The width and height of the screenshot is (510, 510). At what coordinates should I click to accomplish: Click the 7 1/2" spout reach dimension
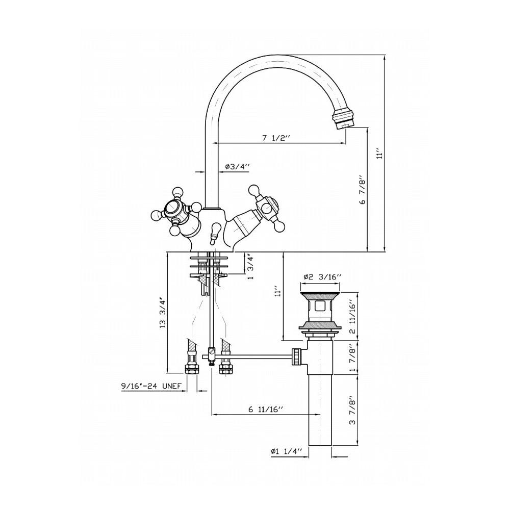click(275, 138)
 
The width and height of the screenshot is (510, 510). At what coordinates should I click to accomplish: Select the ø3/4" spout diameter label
click(237, 167)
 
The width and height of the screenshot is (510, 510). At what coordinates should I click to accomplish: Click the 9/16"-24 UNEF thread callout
click(151, 386)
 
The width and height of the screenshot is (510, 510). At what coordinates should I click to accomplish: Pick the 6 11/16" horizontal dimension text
click(266, 409)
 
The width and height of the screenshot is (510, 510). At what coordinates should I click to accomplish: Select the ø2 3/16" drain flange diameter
click(322, 277)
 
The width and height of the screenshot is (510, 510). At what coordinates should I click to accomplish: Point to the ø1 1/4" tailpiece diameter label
click(286, 451)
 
